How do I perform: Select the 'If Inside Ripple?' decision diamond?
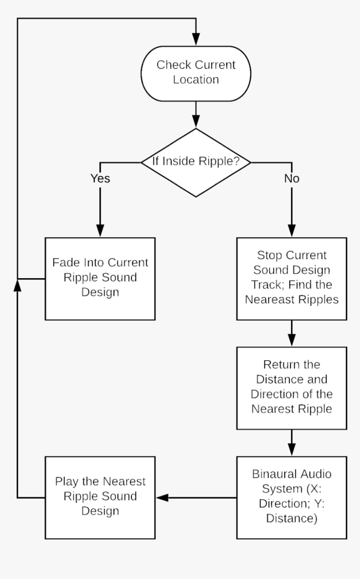click(x=196, y=162)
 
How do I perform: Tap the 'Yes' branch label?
click(x=100, y=178)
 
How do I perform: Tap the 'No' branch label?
click(x=292, y=178)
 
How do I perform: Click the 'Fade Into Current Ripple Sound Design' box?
click(x=100, y=278)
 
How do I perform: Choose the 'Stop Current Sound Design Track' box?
click(x=292, y=278)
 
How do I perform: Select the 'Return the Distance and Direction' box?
click(x=292, y=387)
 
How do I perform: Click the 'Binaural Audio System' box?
click(x=292, y=497)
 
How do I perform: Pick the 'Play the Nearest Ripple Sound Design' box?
click(x=100, y=497)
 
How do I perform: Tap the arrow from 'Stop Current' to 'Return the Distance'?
click(x=292, y=333)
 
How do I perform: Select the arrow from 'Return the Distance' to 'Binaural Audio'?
click(x=292, y=443)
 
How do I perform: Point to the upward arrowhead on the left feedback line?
click(x=17, y=285)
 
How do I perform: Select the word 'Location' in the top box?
click(x=196, y=80)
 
